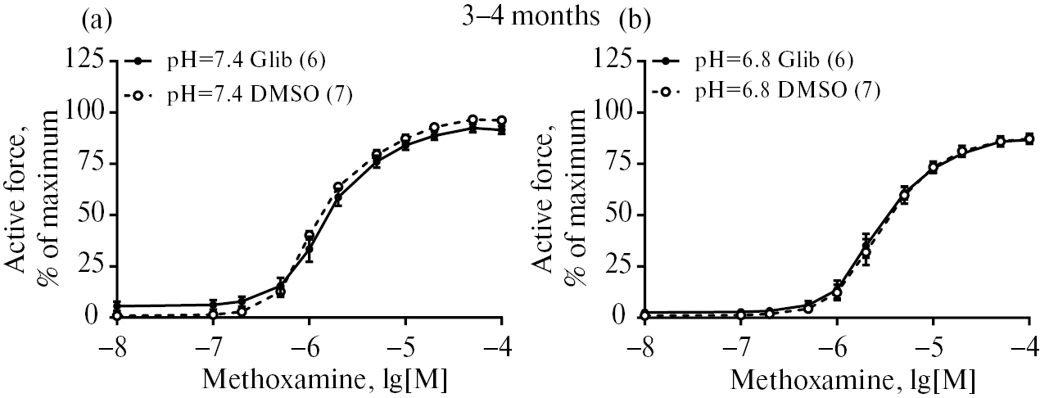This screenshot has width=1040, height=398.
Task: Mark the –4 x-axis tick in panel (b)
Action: point(1025,342)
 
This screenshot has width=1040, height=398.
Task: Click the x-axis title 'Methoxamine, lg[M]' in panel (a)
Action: point(309,379)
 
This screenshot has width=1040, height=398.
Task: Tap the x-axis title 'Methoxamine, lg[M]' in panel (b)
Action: point(836,379)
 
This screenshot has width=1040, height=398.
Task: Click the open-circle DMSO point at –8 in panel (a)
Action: point(117,315)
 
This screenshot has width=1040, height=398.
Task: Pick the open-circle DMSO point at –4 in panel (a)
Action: point(501,120)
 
